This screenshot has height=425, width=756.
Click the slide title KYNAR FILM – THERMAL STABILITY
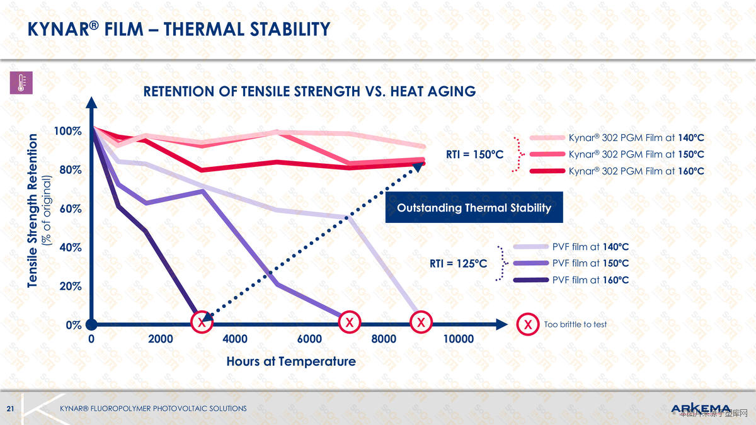click(x=179, y=29)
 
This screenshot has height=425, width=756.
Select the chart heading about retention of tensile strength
click(x=309, y=91)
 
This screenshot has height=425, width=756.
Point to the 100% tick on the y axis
click(x=67, y=131)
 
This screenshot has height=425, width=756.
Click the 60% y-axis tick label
click(x=70, y=208)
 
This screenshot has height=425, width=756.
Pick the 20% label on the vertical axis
click(x=70, y=286)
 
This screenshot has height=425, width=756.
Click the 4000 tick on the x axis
click(x=235, y=339)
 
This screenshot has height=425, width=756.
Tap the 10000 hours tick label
click(x=459, y=339)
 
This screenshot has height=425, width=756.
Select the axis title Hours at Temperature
click(x=291, y=361)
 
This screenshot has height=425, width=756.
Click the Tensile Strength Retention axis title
click(x=33, y=211)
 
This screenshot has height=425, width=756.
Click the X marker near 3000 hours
click(x=201, y=322)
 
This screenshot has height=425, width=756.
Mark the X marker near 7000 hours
click(x=348, y=322)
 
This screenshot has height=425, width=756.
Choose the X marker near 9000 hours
click(x=421, y=322)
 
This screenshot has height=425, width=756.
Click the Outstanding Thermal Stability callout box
click(x=474, y=208)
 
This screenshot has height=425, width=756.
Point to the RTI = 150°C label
click(x=475, y=154)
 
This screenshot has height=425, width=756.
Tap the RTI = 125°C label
click(x=459, y=263)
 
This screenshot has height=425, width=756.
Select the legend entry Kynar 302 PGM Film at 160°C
click(x=636, y=171)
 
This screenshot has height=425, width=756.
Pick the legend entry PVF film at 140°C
click(x=590, y=247)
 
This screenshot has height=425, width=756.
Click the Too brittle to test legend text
click(x=575, y=324)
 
